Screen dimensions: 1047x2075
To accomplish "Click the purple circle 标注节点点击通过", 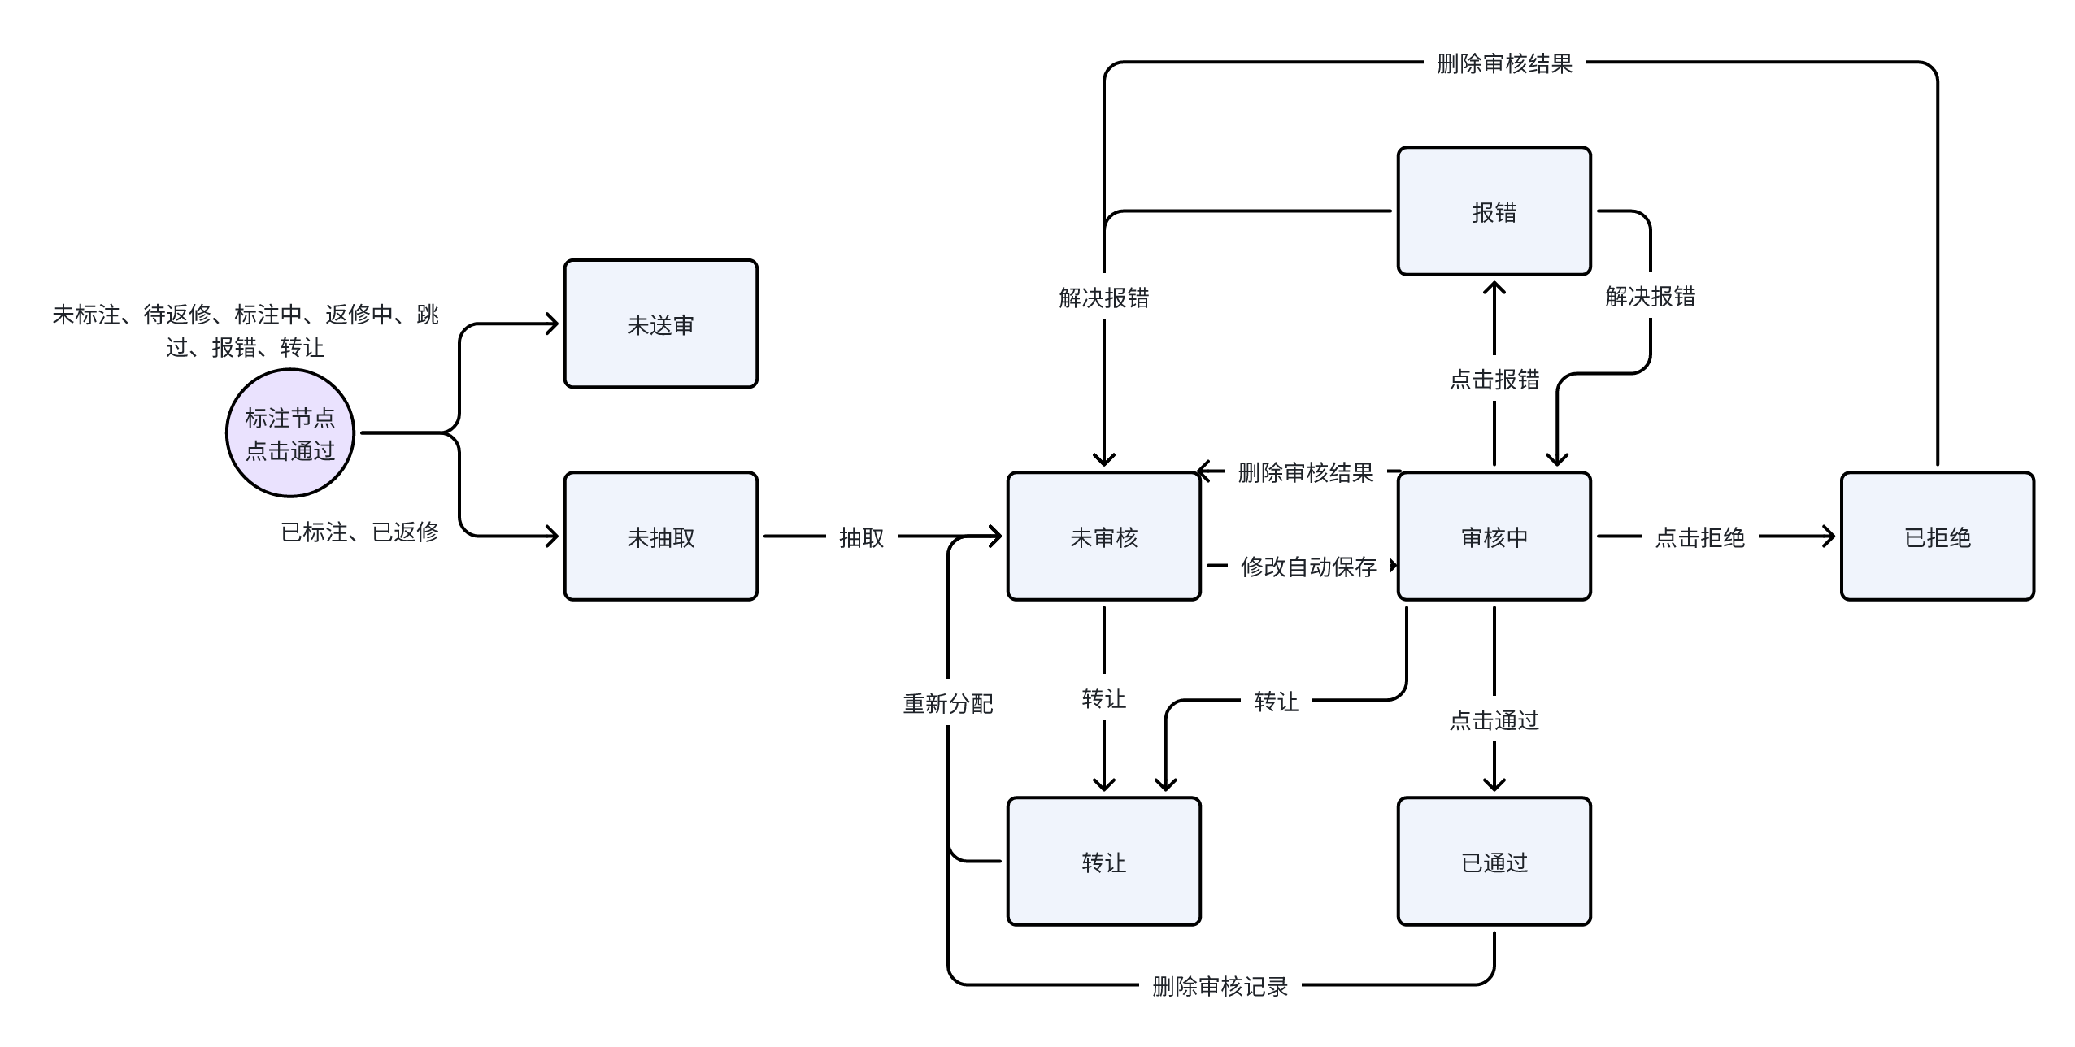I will pos(290,433).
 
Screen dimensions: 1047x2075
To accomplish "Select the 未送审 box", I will pos(660,324).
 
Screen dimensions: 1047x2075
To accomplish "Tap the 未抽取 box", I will pos(660,537).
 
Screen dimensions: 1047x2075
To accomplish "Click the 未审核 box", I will pos(1103,537).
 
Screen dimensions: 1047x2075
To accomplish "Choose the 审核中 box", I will pos(1494,537).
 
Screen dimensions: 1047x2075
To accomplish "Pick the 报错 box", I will pos(1494,211).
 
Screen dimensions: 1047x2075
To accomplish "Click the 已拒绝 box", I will pos(1937,537).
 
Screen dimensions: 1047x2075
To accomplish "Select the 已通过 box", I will pos(1494,862).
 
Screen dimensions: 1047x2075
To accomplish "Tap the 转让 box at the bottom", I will pos(1103,862).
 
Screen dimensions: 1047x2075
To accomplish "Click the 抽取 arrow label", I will pos(861,537).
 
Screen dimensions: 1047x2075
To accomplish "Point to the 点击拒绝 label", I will pos(1699,537).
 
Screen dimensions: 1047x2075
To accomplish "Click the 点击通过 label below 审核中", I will pos(1494,720).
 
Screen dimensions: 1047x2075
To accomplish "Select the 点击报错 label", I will pos(1494,380).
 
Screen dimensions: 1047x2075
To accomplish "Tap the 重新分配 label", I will pos(948,704).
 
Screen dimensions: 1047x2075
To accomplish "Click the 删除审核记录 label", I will pos(1220,987).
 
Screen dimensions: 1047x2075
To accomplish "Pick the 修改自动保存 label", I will pos(1307,567).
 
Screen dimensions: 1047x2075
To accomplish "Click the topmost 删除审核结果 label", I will pos(1504,63).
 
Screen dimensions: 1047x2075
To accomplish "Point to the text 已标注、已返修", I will pos(359,532).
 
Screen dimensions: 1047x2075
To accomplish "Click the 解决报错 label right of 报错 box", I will pos(1650,297).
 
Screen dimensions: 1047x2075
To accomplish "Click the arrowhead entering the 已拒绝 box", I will pos(1829,537).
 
